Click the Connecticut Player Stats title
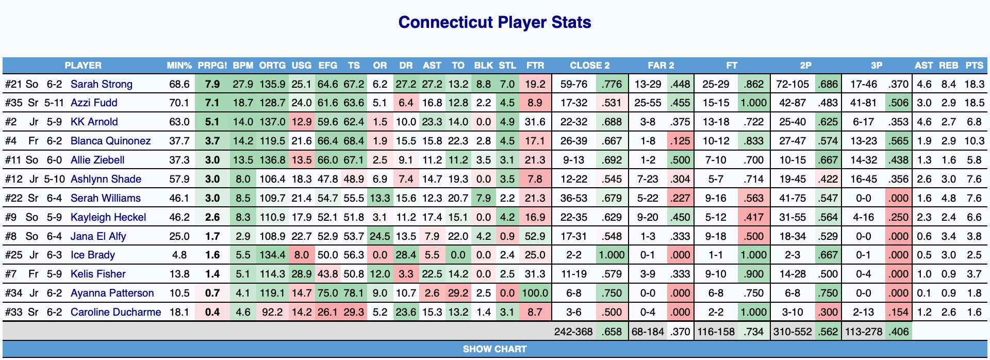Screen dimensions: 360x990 pyautogui.click(x=494, y=22)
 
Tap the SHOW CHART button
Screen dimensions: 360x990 pyautogui.click(x=494, y=349)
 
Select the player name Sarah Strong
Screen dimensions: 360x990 pyautogui.click(x=102, y=84)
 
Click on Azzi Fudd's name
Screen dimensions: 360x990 pyautogui.click(x=94, y=103)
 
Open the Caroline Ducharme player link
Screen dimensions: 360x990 pyautogui.click(x=115, y=312)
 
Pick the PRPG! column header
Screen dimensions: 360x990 pyautogui.click(x=212, y=66)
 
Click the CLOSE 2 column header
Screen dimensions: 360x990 pyautogui.click(x=589, y=66)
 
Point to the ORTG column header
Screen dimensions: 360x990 pyautogui.click(x=272, y=66)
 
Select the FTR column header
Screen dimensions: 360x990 pyautogui.click(x=535, y=66)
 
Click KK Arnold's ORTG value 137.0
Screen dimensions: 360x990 pyautogui.click(x=273, y=122)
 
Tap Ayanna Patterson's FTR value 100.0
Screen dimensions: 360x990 pyautogui.click(x=535, y=293)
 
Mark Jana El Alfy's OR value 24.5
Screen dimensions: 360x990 pyautogui.click(x=380, y=236)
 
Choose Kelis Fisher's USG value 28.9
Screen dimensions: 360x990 pyautogui.click(x=301, y=274)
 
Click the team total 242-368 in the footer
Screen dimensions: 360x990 pyautogui.click(x=573, y=332)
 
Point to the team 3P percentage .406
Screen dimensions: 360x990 pyautogui.click(x=898, y=332)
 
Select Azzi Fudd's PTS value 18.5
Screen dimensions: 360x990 pyautogui.click(x=974, y=103)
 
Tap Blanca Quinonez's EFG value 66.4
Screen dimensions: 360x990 pyautogui.click(x=327, y=141)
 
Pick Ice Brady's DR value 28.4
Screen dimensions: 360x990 pyautogui.click(x=406, y=255)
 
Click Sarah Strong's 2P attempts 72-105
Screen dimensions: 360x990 pyautogui.click(x=793, y=84)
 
